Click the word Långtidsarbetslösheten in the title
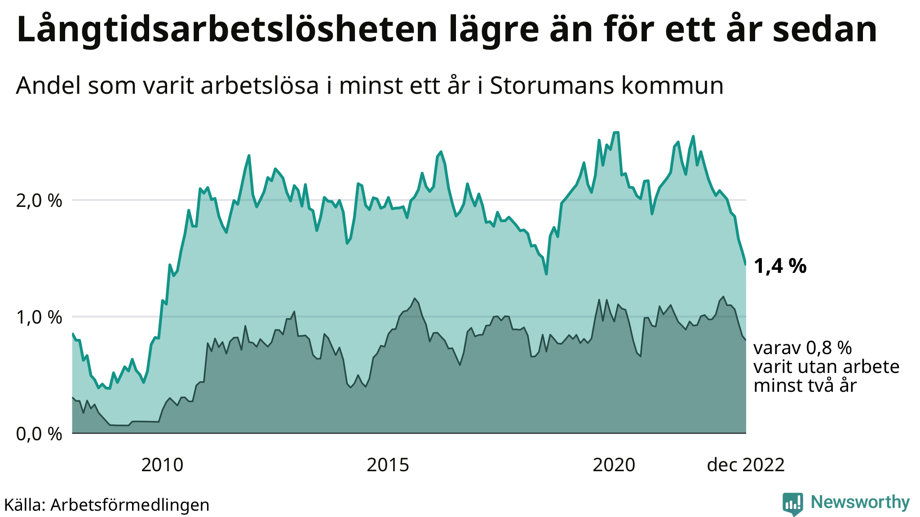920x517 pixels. point(227,30)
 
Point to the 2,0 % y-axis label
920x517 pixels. point(39,200)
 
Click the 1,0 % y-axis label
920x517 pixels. point(39,317)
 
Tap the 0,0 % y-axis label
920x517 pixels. point(39,434)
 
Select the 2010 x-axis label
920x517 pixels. point(162,465)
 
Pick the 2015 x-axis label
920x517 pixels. point(388,465)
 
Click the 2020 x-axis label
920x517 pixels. point(614,465)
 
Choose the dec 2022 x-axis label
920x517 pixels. point(746,465)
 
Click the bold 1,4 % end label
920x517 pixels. point(780,266)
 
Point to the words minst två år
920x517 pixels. point(805,386)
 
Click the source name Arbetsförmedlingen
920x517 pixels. point(130,505)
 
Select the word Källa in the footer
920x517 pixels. point(23,505)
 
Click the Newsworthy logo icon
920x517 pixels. point(793,504)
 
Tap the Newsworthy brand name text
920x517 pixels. point(860,502)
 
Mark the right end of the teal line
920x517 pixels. point(746,264)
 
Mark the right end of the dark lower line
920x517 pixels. point(746,340)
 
